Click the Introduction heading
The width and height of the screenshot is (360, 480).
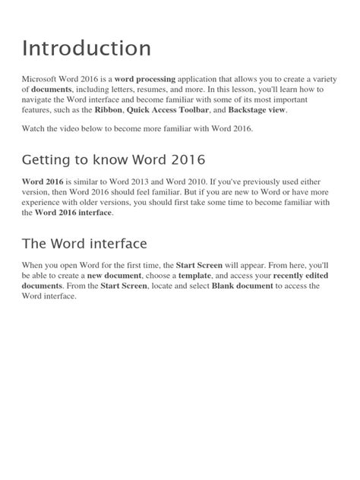[x=86, y=49]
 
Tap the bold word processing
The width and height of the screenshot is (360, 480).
[x=145, y=79]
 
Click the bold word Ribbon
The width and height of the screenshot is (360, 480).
[x=108, y=110]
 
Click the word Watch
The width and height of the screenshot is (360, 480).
[x=35, y=130]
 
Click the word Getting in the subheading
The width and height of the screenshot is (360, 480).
[x=47, y=161]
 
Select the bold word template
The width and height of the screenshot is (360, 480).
[x=194, y=276]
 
